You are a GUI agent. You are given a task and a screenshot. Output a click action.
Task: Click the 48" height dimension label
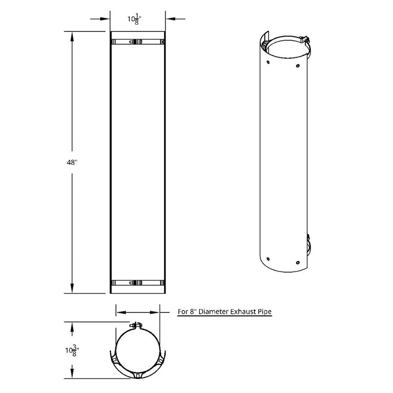[72, 163]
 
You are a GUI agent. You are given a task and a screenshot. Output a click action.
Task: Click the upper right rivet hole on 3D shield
[298, 65]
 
